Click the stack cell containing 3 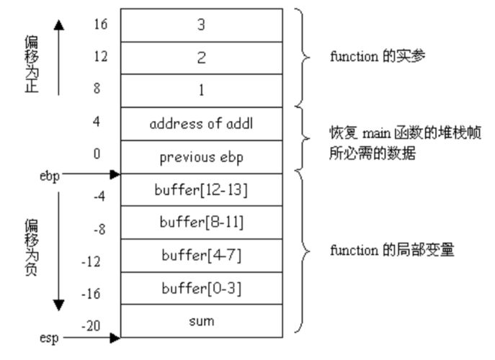[202, 24]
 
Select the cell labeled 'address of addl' [202, 124]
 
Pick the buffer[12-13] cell [202, 191]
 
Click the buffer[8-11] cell [202, 223]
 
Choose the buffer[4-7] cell [202, 256]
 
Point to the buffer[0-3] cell [202, 289]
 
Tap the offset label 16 [101, 24]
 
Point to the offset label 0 [97, 153]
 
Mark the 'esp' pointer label [48, 336]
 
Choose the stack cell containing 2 [202, 58]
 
